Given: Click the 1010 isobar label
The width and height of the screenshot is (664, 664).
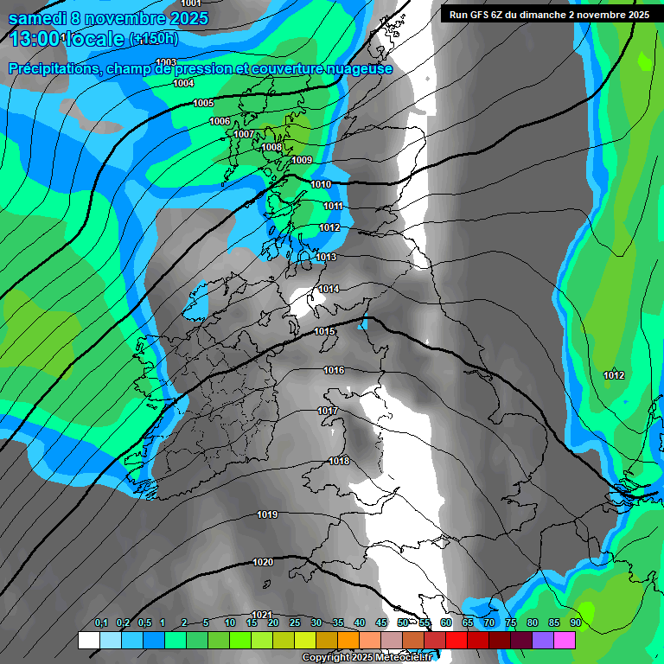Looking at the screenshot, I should pos(321,184).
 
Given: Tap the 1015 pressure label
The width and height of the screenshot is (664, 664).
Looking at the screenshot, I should pos(324,331).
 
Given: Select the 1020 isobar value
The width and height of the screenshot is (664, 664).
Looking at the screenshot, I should pos(263,562).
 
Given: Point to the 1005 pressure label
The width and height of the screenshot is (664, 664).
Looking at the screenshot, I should pos(203,103).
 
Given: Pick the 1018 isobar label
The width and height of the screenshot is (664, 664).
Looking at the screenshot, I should pos(339,461).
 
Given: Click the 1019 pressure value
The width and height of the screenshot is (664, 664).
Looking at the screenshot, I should pos(267,514).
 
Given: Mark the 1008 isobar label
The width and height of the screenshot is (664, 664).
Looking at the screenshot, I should pos(271,147).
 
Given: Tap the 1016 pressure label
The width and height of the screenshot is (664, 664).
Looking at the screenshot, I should pos(334,370).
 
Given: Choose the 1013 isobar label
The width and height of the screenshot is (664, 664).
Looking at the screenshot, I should pos(326,257).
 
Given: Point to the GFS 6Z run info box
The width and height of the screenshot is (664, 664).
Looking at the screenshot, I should pos(549,15).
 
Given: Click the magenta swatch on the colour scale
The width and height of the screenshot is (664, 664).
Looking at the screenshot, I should pos(565,640).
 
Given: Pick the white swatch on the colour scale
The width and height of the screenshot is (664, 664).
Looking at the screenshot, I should pos(89,640).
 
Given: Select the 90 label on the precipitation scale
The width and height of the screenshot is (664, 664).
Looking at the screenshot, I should pos(575,623).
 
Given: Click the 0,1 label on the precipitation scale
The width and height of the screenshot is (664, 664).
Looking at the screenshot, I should pos(101,623).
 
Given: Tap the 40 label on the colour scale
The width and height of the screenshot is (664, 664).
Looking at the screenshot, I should pos(359,623).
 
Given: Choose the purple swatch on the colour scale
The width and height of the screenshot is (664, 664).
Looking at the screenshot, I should pos(543,640).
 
